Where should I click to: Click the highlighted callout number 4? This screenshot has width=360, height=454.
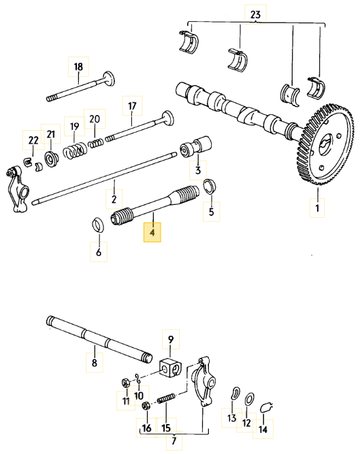[152, 233]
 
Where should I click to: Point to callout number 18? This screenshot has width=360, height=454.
[78, 67]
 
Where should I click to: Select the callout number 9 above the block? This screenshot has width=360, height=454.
[170, 338]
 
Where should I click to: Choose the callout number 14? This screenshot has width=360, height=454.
[262, 429]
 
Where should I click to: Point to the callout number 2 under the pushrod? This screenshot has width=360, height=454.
[114, 199]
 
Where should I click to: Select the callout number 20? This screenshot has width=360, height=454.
[95, 118]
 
